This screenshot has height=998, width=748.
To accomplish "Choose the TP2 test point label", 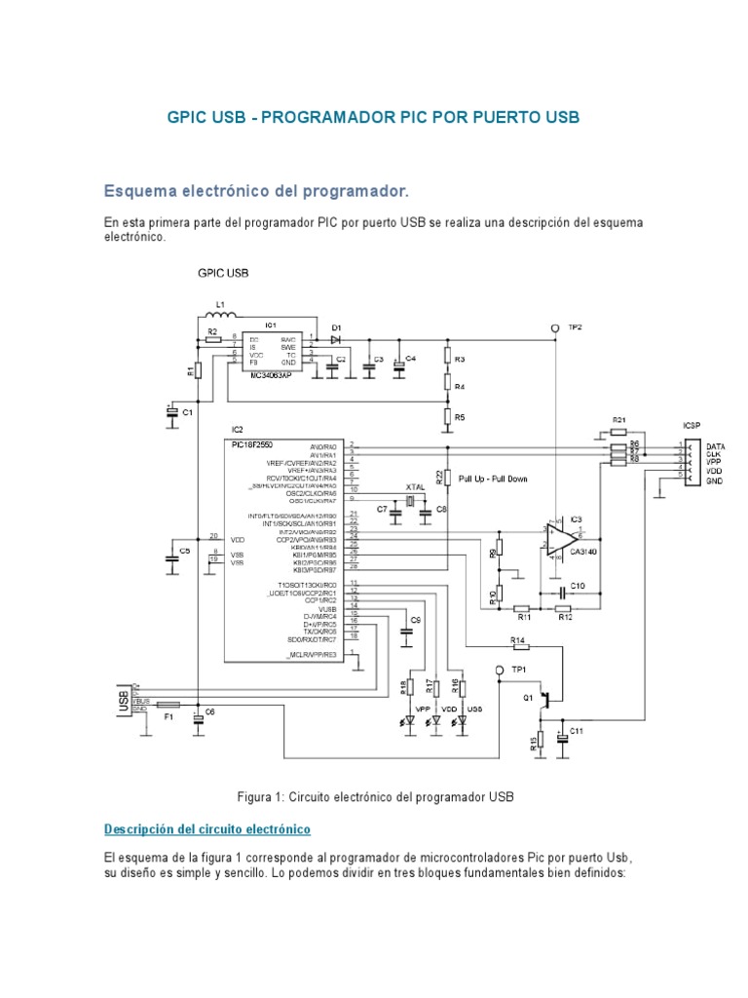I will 576,328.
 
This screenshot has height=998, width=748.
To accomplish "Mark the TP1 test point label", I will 519,670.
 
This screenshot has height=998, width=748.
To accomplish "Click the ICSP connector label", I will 692,424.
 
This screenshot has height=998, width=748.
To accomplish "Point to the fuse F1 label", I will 168,716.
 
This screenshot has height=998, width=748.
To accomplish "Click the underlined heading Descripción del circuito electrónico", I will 206,829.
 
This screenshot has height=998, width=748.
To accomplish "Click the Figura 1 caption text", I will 374,797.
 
